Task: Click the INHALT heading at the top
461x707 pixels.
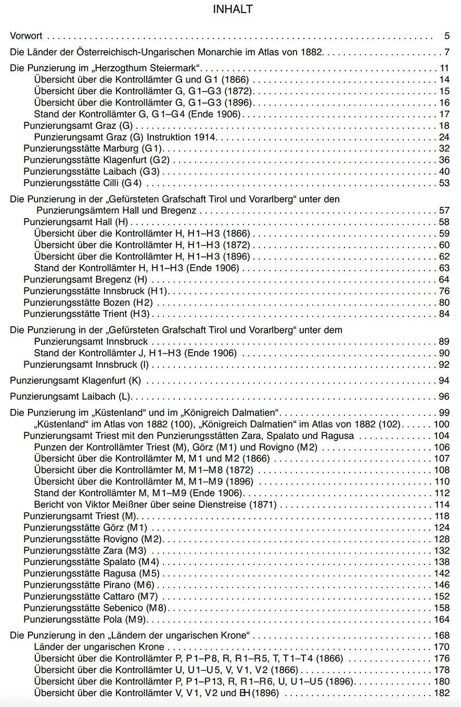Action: [233, 9]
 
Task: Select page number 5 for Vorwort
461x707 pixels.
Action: [446, 36]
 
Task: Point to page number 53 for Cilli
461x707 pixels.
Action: [443, 183]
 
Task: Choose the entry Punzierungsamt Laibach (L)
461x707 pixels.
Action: [70, 396]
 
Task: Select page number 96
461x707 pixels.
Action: [443, 396]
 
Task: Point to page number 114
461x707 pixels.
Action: [441, 504]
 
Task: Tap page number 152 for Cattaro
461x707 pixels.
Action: [441, 596]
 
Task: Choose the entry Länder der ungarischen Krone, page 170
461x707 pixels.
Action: [99, 647]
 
